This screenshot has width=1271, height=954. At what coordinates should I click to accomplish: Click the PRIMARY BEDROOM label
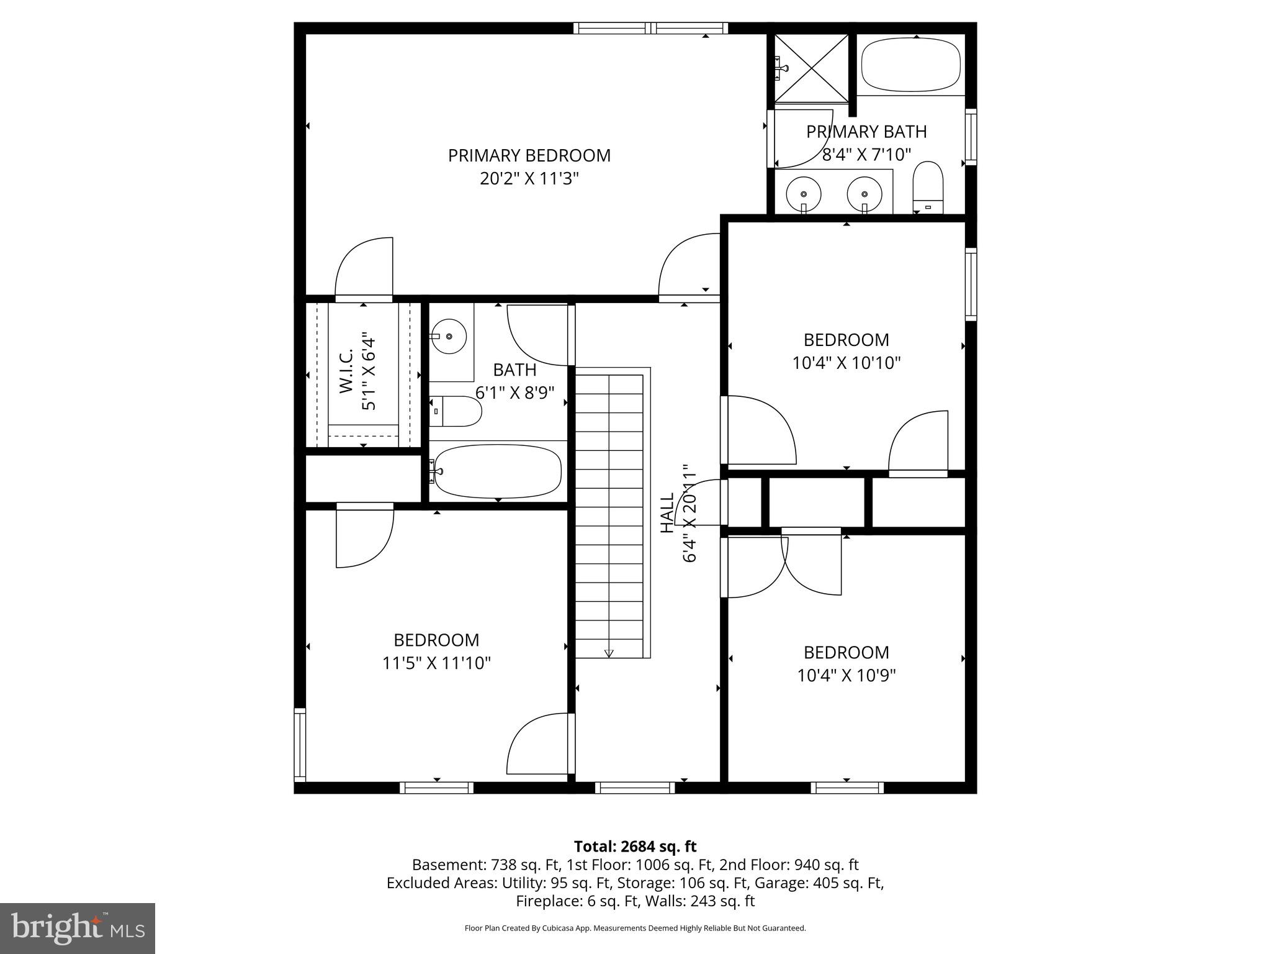529,155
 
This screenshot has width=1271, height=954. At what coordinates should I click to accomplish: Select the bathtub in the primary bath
910,65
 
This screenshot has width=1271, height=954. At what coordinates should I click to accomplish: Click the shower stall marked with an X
811,68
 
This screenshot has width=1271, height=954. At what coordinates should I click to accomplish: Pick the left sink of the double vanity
804,193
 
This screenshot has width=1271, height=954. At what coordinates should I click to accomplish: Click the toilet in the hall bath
456,411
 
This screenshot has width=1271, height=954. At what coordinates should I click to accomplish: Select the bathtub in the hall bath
498,470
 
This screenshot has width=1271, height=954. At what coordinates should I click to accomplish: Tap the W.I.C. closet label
346,371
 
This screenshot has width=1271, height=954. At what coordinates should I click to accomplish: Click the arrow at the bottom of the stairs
609,653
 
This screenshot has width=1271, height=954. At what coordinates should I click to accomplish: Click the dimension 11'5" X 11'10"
436,663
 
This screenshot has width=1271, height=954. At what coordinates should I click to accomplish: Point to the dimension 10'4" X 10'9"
846,675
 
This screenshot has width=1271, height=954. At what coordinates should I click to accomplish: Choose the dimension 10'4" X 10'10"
846,363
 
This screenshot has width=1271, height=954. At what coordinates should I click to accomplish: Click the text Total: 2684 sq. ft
635,847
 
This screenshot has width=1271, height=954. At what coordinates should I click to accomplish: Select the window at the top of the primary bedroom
650,28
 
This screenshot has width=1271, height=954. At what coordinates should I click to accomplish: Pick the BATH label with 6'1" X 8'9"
514,370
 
